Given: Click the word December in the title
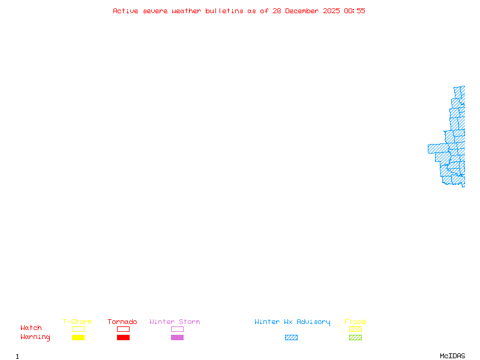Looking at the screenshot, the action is (x=302, y=11).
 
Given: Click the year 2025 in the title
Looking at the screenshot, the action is (x=332, y=11).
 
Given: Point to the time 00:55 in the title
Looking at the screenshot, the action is (x=355, y=11).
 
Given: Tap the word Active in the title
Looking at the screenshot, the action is (x=125, y=11).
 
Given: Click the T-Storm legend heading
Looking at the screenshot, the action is (x=77, y=322).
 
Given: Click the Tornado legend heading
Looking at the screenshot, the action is (x=122, y=322).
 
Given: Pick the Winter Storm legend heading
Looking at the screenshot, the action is (x=175, y=322).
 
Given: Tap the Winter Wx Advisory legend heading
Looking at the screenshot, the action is (x=292, y=322).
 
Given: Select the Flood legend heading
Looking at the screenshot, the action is (x=355, y=322).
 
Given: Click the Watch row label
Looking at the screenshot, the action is (x=31, y=328).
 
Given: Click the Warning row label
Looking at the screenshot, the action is (x=35, y=337).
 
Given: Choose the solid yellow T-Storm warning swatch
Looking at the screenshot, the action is (x=79, y=337).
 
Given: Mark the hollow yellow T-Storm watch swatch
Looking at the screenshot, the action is (x=79, y=329).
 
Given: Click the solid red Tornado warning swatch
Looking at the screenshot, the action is (x=124, y=337).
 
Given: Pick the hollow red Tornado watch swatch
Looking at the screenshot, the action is (x=124, y=329).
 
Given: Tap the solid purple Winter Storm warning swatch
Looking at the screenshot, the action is (x=177, y=337).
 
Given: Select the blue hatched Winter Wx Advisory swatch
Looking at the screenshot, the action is (x=291, y=337).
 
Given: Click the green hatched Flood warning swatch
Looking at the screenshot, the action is (x=355, y=337).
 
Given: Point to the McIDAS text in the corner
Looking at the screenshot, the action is (x=452, y=356).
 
